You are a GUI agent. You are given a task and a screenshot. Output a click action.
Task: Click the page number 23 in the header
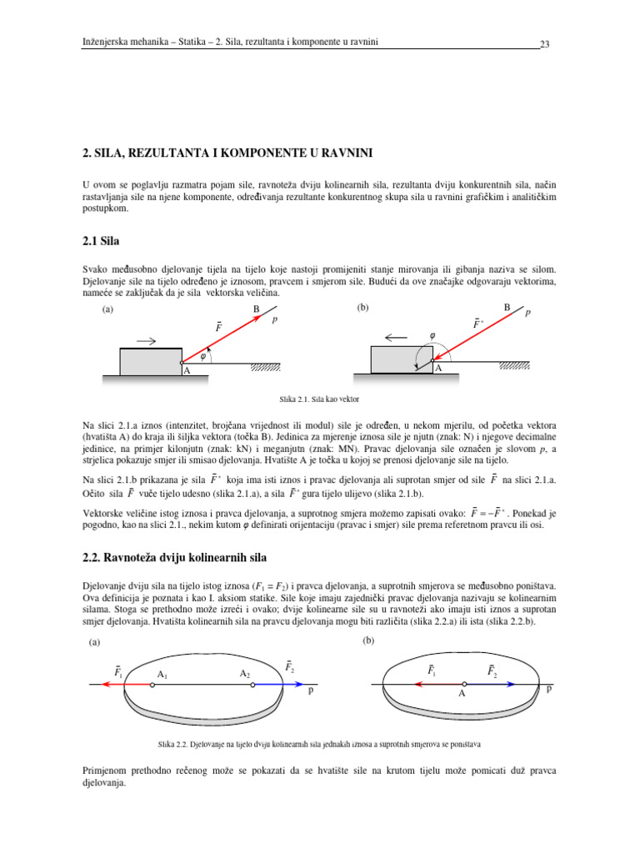545,44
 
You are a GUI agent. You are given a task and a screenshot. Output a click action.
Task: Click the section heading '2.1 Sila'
100,242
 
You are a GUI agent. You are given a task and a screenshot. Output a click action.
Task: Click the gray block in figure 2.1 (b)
400,360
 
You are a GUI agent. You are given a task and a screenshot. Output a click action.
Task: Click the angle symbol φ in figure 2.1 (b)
432,336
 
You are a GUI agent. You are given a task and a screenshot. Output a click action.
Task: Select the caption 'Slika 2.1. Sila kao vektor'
319,399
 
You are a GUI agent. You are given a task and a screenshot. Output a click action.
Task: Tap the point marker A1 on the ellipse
152,684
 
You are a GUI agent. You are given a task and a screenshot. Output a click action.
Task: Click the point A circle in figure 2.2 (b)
463,684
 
